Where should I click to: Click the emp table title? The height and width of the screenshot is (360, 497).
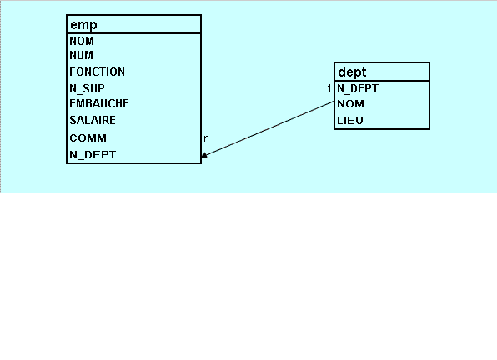point(83,25)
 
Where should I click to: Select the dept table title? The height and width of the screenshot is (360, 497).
point(352,72)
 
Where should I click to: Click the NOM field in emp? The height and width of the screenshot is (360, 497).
point(82,41)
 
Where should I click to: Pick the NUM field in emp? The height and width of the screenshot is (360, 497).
point(82,55)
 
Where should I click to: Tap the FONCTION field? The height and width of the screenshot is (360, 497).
point(98,72)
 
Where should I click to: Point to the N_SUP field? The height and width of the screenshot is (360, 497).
point(88,88)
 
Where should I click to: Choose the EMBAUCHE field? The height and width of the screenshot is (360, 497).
point(99,103)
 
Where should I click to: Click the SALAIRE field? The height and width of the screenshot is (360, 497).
point(93,120)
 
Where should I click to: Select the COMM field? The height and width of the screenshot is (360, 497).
point(88,138)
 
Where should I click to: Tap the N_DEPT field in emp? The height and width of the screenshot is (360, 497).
point(93,155)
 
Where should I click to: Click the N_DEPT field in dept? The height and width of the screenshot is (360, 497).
point(358,88)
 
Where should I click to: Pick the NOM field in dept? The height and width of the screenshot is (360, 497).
point(350,104)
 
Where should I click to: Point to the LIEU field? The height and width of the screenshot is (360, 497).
point(350,121)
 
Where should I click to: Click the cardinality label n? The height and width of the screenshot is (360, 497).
point(206,138)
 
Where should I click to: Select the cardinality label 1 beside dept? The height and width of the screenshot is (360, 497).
point(329,89)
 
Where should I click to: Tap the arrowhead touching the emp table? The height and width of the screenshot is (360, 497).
point(204,155)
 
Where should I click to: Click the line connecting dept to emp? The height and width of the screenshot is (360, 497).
point(268,129)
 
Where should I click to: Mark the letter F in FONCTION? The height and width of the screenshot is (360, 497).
point(73,72)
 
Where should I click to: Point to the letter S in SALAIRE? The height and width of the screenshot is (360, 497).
point(73,120)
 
